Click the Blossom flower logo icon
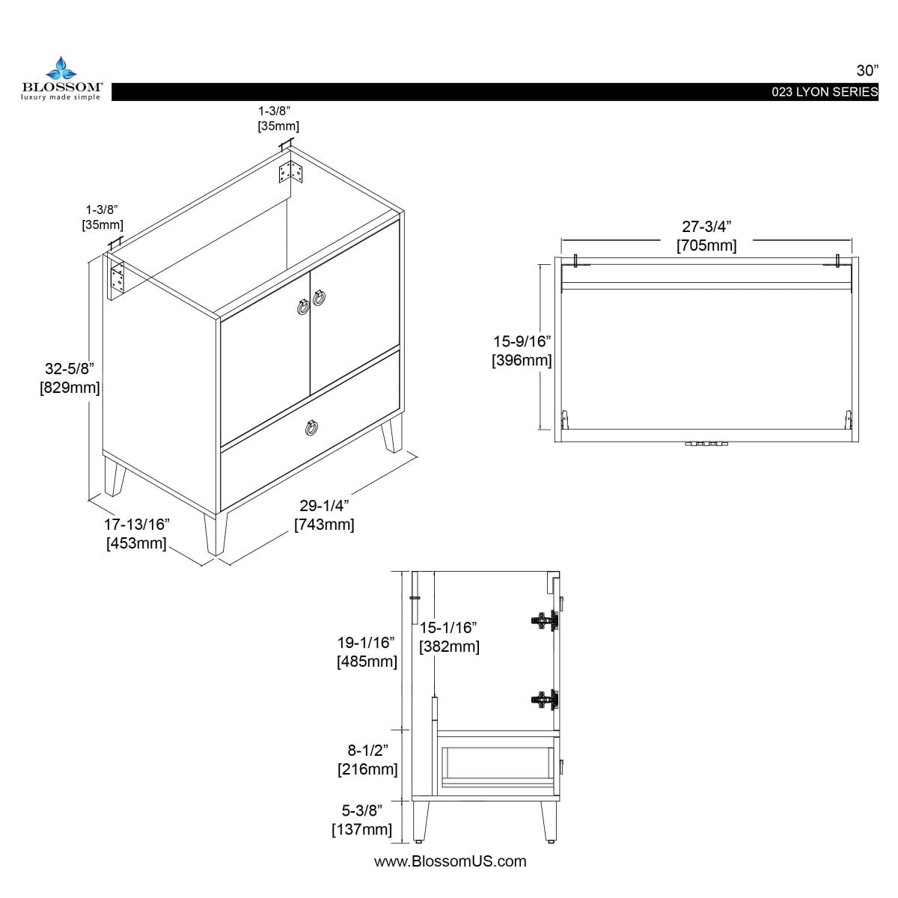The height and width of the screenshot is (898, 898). (x=61, y=68)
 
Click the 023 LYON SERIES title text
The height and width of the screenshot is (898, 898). (x=825, y=92)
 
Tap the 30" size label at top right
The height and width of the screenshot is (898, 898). (x=867, y=70)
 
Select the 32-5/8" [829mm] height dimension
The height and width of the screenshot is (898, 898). (x=70, y=378)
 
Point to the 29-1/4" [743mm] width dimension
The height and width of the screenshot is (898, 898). (x=324, y=515)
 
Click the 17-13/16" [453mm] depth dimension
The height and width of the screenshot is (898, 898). (x=136, y=533)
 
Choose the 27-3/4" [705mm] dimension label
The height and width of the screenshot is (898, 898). (x=706, y=236)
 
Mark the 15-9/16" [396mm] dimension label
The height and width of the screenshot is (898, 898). (x=522, y=351)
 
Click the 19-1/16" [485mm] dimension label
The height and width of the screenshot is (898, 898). (x=367, y=652)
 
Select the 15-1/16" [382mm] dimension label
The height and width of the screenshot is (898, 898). (x=449, y=637)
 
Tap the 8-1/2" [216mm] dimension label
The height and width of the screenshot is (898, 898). (x=367, y=760)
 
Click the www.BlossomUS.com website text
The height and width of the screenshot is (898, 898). (x=450, y=861)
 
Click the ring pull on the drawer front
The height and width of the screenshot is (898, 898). (x=312, y=427)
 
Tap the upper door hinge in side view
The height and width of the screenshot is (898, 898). (x=544, y=620)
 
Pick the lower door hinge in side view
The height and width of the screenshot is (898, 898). (x=544, y=700)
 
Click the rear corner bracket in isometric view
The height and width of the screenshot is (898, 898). (x=291, y=171)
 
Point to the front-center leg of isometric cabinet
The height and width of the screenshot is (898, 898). (x=215, y=534)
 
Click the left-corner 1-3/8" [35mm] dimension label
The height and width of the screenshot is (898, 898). (x=103, y=217)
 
